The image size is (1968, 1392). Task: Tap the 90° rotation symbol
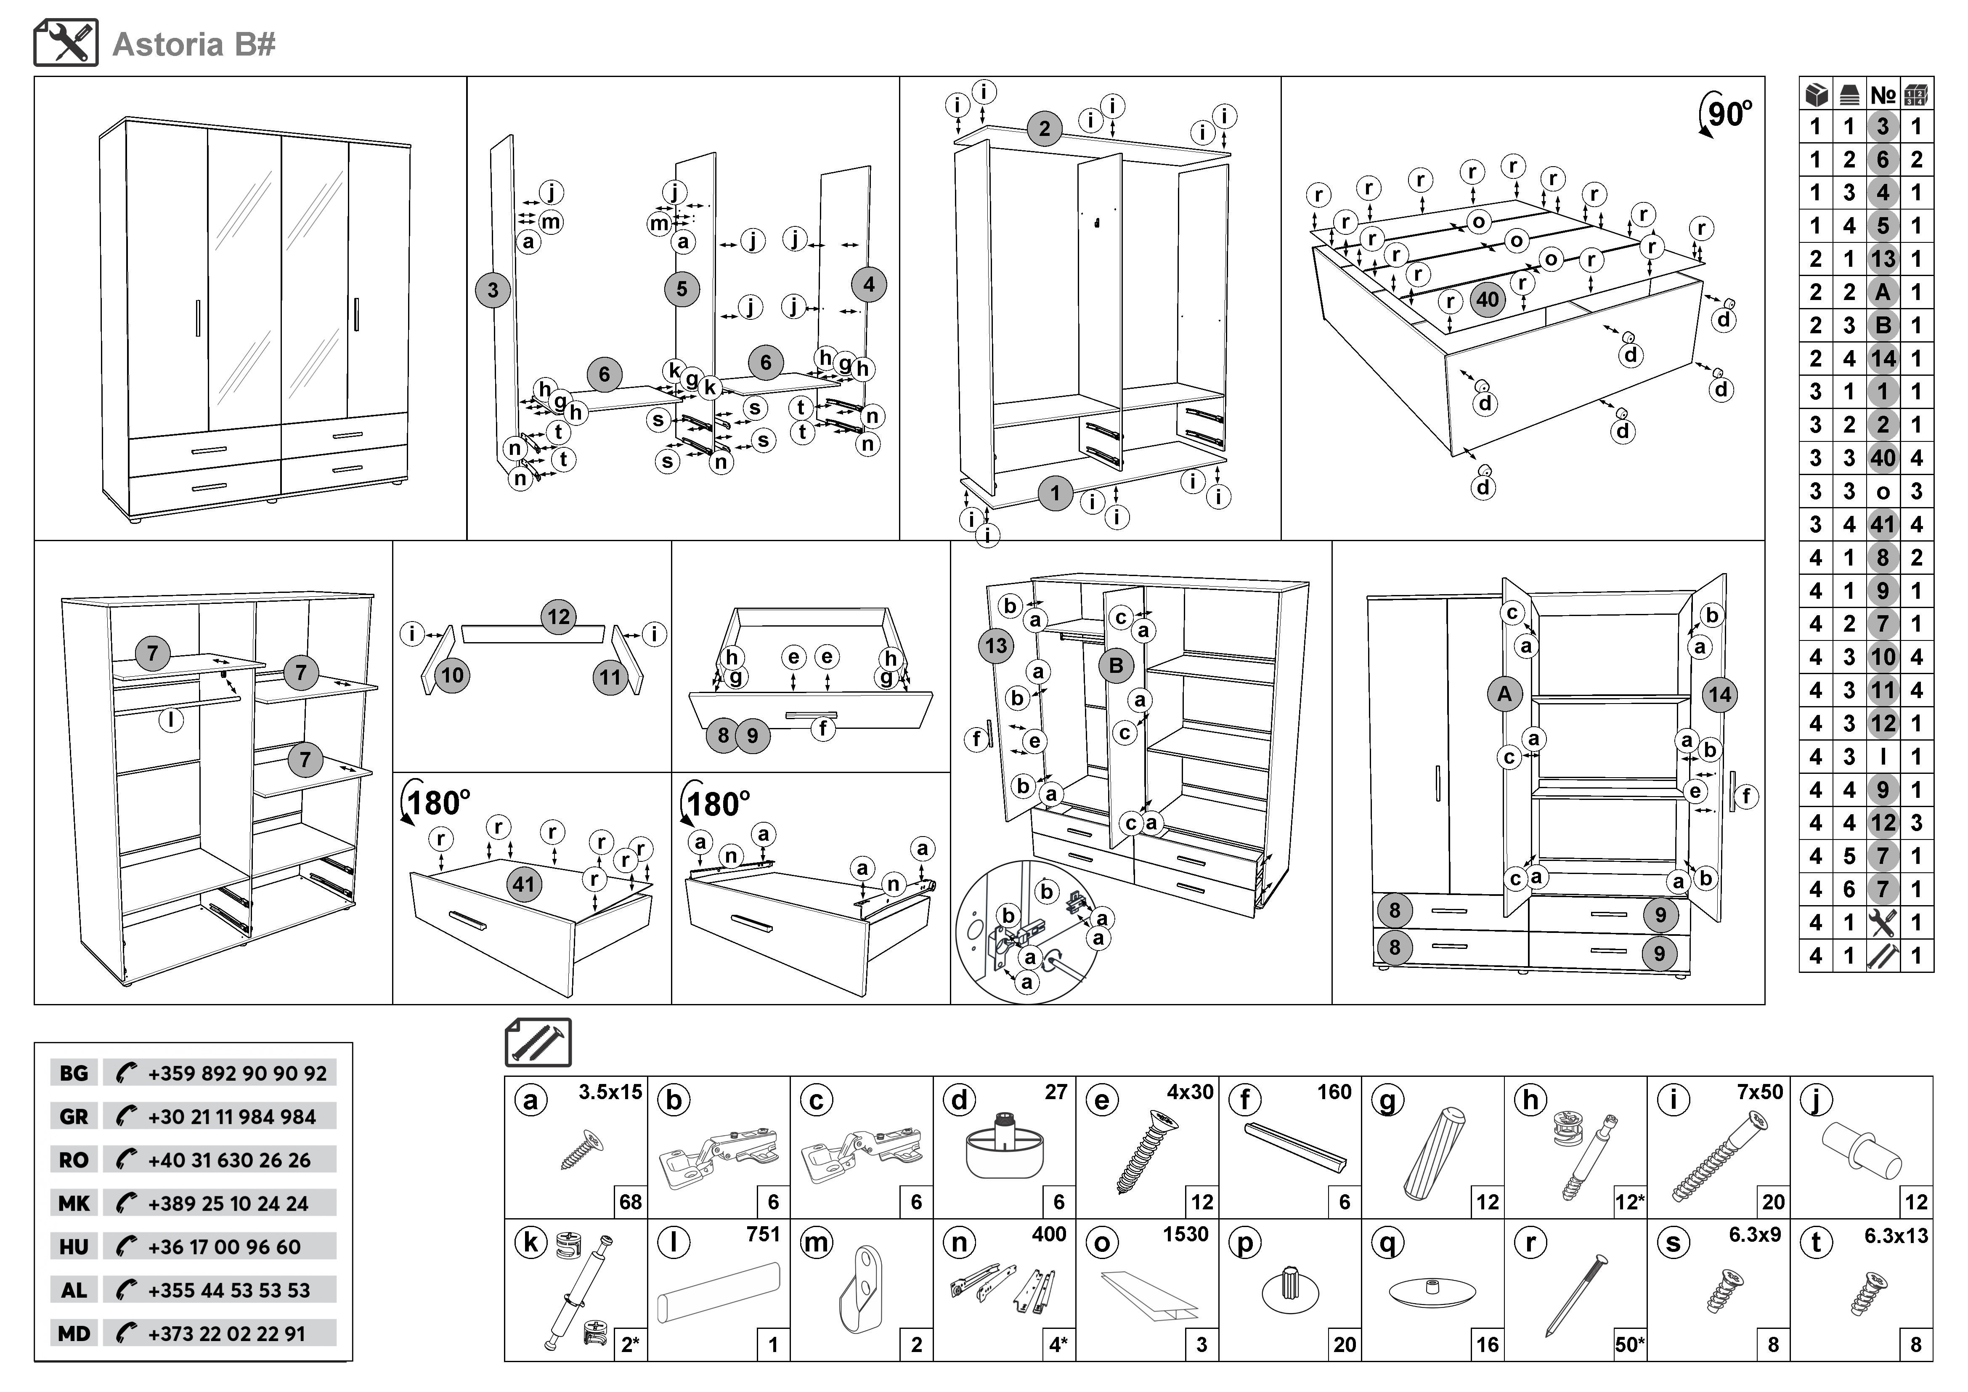tap(1724, 114)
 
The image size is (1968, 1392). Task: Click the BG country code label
tap(74, 1073)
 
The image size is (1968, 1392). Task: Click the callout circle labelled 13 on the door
tap(996, 646)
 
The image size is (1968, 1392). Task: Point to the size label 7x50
tap(1760, 1092)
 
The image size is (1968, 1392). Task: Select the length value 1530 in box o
tap(1186, 1234)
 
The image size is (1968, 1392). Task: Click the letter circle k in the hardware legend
tap(530, 1242)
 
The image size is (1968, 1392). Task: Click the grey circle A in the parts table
tap(1882, 292)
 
